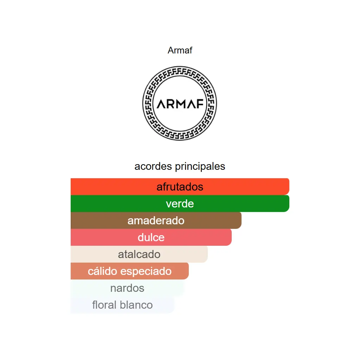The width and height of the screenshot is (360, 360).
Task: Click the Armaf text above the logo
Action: click(180, 50)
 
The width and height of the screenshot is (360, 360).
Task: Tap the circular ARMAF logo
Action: click(180, 103)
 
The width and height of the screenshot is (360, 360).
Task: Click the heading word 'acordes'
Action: click(153, 166)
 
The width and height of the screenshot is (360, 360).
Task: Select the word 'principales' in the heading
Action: click(200, 167)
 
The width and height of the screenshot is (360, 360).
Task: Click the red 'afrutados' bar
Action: click(180, 187)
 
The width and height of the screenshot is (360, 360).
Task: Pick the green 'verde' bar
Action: click(180, 204)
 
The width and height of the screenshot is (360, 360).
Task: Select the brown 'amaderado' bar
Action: click(156, 220)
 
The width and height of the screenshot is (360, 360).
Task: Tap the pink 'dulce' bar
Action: click(151, 237)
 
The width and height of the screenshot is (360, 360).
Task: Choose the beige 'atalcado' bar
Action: click(139, 254)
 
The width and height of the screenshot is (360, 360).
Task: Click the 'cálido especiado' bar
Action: click(129, 271)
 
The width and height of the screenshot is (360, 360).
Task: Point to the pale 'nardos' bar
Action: click(127, 288)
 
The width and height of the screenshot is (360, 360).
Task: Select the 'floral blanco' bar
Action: click(122, 305)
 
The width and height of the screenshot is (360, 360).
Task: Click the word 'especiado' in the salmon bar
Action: click(146, 272)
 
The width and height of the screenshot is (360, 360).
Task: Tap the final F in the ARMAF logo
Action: click(200, 104)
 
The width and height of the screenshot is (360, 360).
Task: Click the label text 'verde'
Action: click(180, 204)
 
